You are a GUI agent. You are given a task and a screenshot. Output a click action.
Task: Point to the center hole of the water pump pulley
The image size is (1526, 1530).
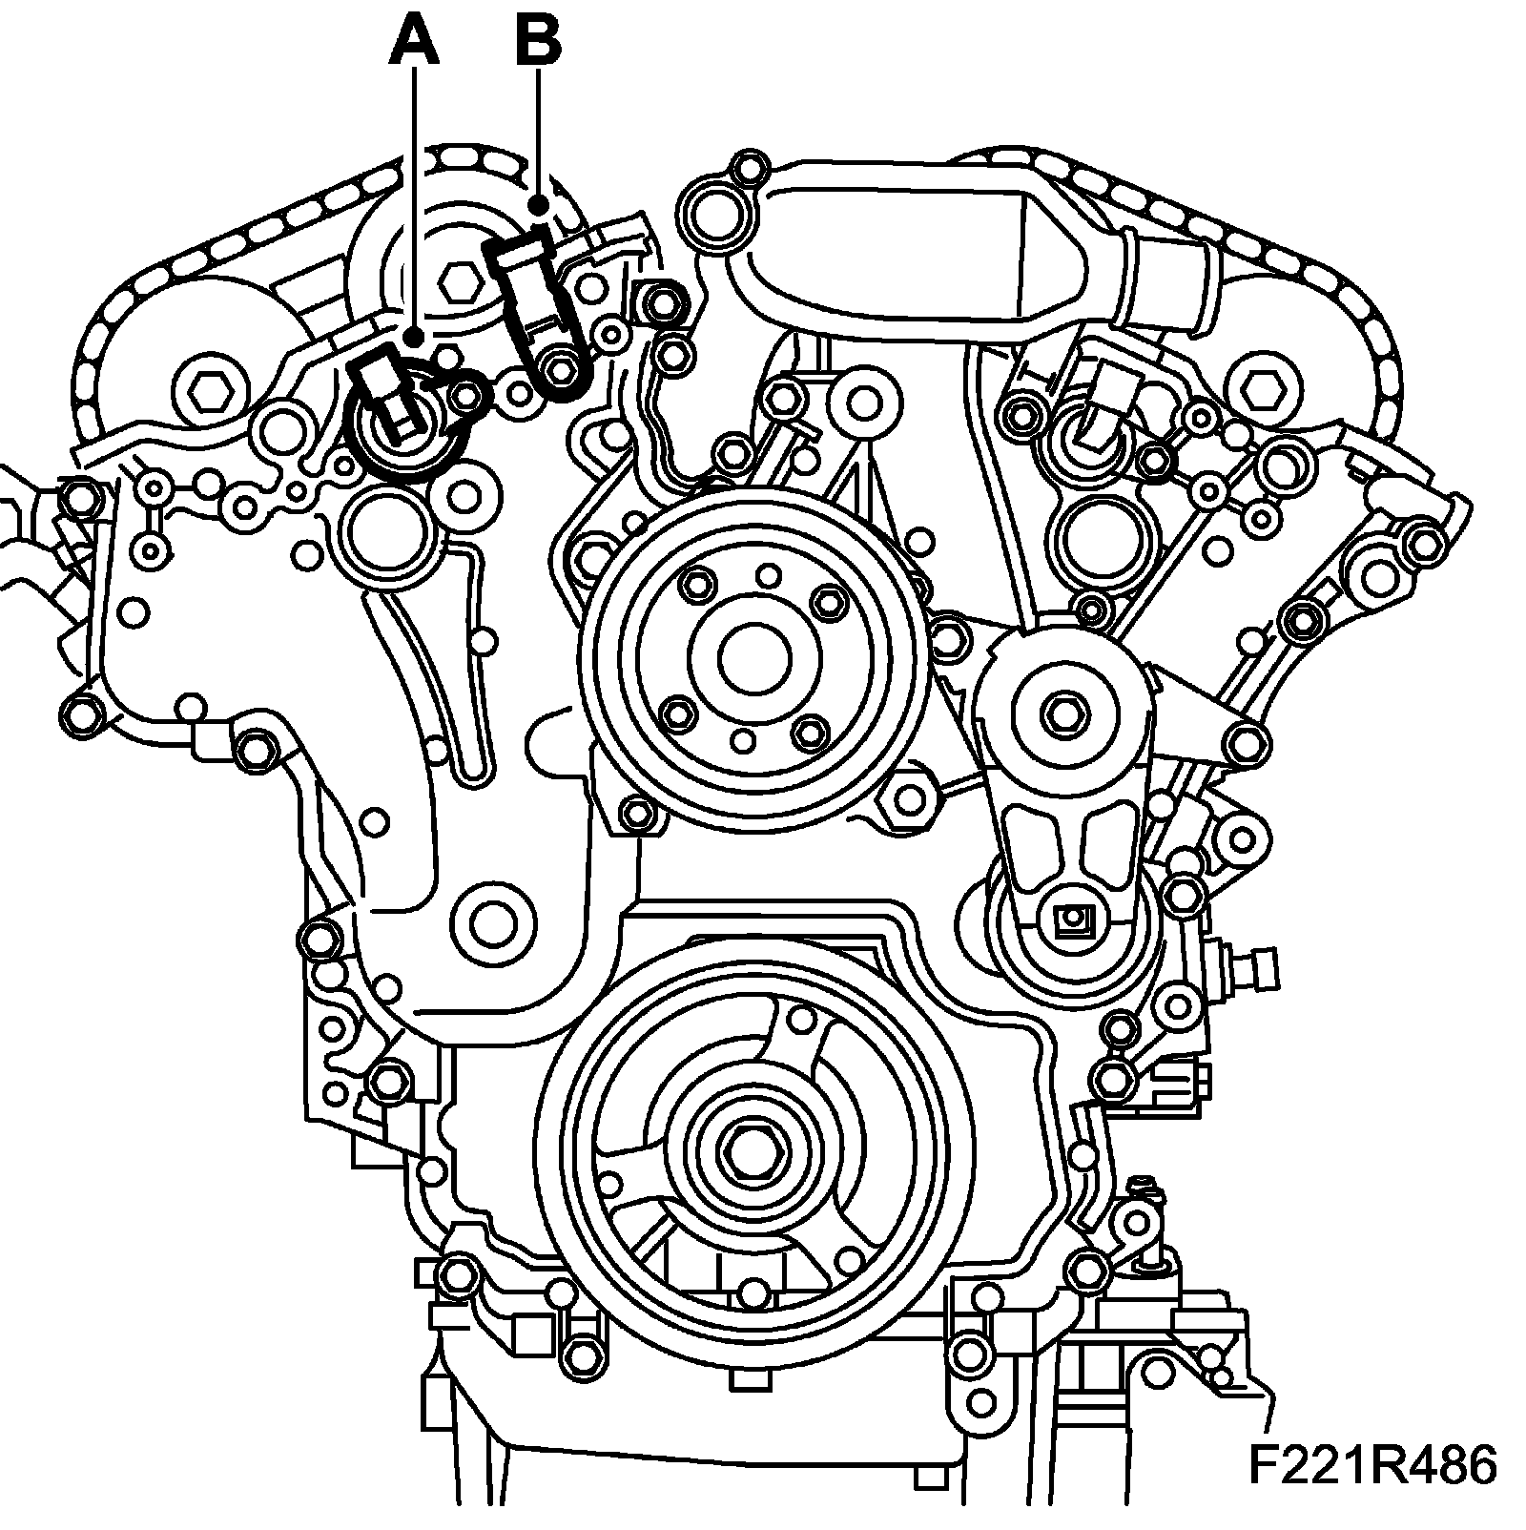[x=753, y=657]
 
